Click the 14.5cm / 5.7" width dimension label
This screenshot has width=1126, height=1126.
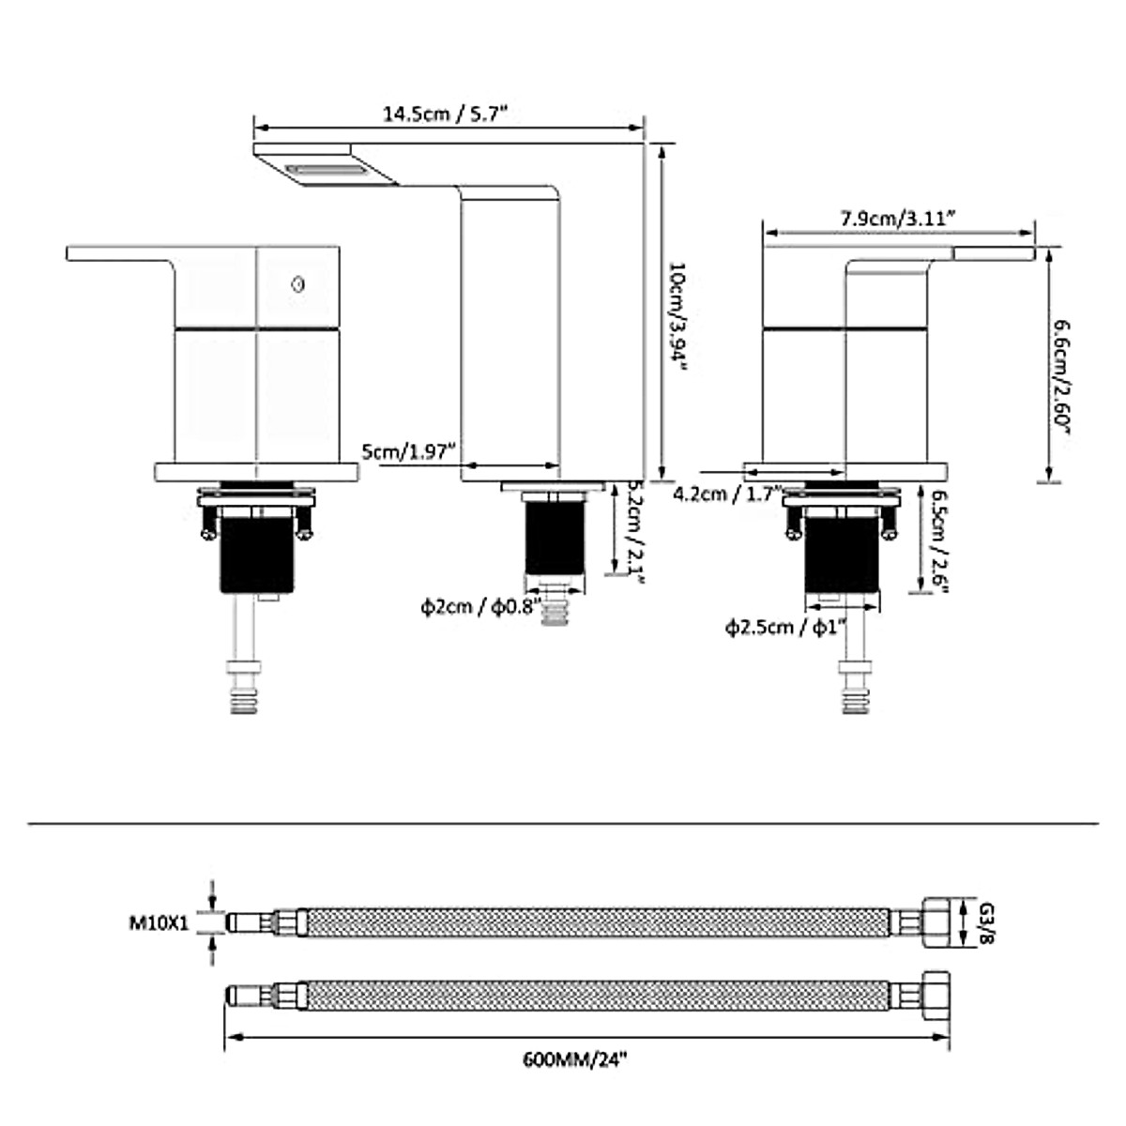444,113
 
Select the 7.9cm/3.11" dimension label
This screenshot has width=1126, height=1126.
898,219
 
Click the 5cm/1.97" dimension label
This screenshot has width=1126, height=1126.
408,451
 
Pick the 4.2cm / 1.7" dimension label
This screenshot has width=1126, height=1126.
727,495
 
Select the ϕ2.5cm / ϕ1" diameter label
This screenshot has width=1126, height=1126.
786,628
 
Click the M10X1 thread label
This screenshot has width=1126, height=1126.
159,923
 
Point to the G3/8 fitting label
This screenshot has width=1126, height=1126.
986,923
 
